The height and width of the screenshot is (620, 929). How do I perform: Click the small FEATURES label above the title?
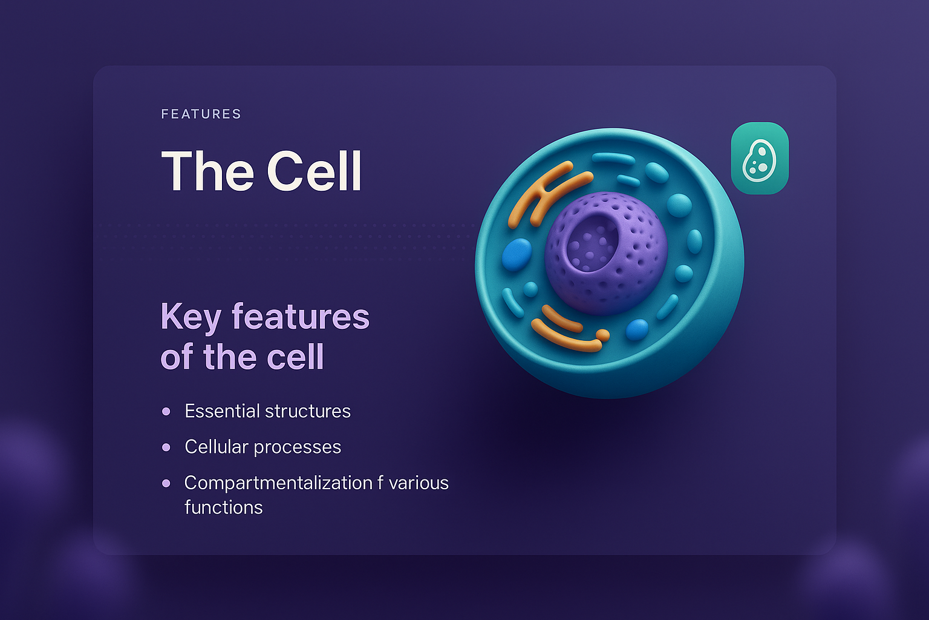(x=201, y=114)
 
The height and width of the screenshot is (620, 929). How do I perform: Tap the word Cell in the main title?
(x=314, y=171)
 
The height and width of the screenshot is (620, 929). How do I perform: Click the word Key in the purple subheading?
(x=191, y=317)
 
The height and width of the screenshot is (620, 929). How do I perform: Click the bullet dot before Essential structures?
(x=166, y=412)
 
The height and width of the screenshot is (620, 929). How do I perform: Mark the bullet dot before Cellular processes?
(x=166, y=447)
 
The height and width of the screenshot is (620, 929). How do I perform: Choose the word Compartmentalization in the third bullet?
(x=278, y=483)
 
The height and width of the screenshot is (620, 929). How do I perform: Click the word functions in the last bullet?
(x=223, y=507)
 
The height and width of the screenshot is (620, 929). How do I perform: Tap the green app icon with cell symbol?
(x=760, y=159)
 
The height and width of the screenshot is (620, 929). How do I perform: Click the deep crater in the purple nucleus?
(x=590, y=242)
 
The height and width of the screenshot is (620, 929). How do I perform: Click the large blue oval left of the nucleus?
(x=517, y=254)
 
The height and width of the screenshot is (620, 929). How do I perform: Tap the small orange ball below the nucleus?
(x=602, y=334)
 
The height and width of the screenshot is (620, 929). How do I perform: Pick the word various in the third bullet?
(x=419, y=483)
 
